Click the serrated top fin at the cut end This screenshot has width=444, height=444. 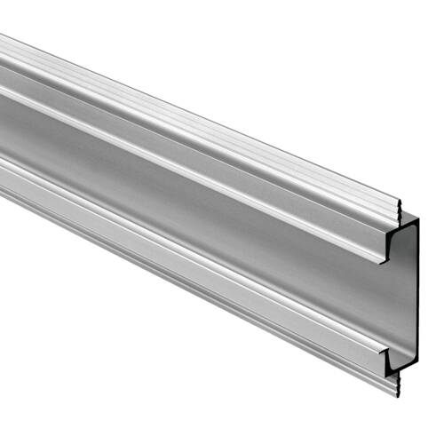400,213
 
